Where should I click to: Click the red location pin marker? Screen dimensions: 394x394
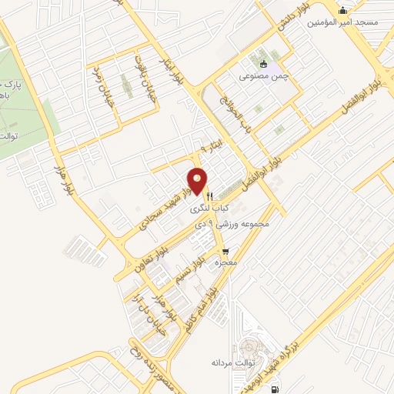(199, 180)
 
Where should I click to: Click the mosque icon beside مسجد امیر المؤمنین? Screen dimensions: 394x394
(342, 10)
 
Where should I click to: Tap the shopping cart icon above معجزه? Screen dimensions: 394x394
(225, 251)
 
